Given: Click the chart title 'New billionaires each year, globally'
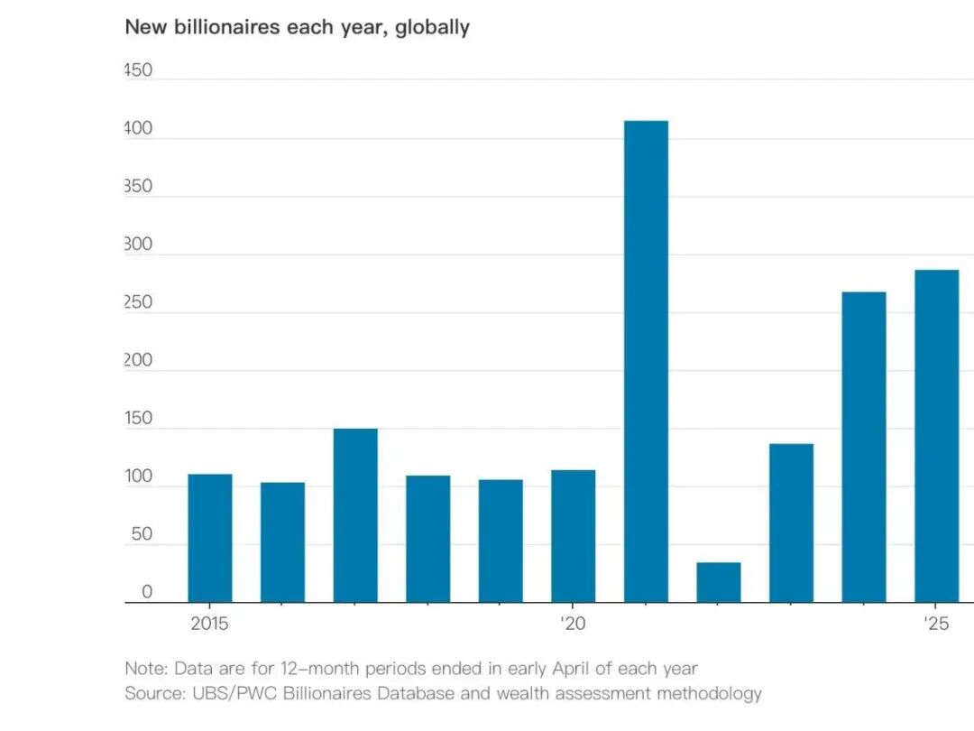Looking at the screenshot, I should click(x=297, y=27).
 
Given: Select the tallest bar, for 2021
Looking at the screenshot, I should click(x=646, y=361).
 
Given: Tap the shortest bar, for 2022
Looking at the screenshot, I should click(x=719, y=582).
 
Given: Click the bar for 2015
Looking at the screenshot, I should click(x=210, y=538).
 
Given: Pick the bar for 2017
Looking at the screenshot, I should click(x=355, y=515).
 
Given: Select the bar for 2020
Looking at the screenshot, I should click(x=573, y=536).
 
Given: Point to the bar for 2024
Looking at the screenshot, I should click(x=864, y=447).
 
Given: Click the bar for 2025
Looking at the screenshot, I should click(x=936, y=436).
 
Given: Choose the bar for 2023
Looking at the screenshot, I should click(x=791, y=523).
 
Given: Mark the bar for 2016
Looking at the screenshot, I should click(x=282, y=541).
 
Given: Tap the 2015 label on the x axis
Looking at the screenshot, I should click(x=209, y=624).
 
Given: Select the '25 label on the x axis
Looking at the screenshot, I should click(x=935, y=624).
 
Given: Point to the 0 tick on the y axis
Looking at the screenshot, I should click(x=146, y=592).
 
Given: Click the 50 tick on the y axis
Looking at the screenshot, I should click(x=141, y=534).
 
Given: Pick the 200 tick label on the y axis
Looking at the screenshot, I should click(x=138, y=361).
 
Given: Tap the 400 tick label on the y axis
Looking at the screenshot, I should click(x=138, y=129).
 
